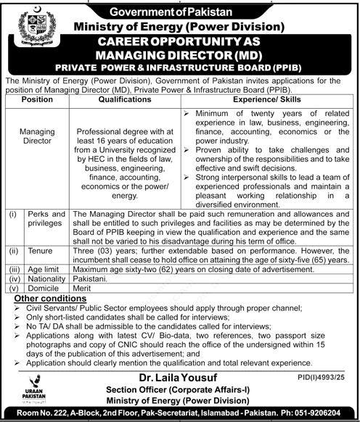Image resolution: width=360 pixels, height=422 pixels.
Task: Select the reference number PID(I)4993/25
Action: point(326,377)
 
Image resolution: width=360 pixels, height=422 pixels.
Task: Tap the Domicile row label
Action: point(46,286)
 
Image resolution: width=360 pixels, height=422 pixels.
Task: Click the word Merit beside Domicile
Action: point(83,286)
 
